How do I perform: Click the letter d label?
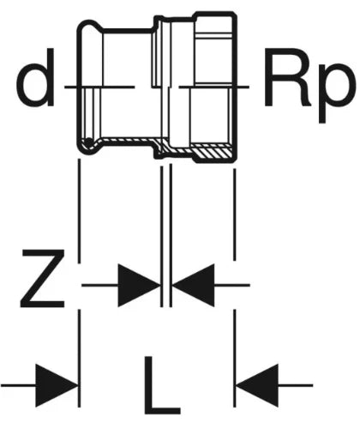(35, 77)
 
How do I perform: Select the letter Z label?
(42, 278)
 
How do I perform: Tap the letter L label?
(162, 385)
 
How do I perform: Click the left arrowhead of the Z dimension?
(139, 285)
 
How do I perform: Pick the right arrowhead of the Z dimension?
(194, 285)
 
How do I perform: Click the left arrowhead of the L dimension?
(57, 385)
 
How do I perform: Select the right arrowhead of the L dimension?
(257, 385)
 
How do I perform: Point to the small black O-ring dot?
(88, 142)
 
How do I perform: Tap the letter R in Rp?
(288, 77)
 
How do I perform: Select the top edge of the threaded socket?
(215, 13)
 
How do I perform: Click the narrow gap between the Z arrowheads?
(166, 285)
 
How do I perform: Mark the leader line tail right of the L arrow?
(296, 385)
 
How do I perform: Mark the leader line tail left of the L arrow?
(18, 385)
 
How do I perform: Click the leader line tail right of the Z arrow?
(232, 285)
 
